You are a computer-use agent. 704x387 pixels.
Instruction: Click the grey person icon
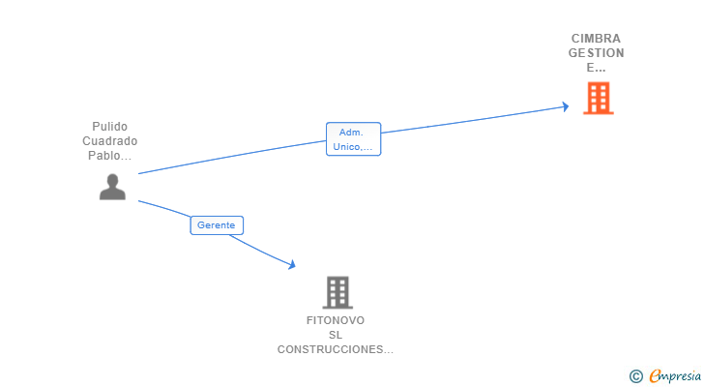point(112,187)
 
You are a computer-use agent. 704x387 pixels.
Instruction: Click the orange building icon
point(598,98)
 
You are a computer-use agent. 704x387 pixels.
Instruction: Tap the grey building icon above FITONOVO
point(337,292)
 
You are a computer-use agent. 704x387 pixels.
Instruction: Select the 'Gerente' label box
point(216,225)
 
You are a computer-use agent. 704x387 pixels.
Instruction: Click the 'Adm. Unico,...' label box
point(353,139)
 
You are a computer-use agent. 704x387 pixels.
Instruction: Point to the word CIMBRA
point(596,39)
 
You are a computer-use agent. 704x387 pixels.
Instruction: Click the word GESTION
point(596,53)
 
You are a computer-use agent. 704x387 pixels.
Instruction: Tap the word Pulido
point(109,127)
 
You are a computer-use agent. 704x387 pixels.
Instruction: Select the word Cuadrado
point(109,141)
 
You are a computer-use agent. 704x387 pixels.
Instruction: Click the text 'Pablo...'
point(109,156)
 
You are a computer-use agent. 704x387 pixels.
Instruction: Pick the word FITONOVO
point(336,320)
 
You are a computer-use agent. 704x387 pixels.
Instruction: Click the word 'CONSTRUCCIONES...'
point(336,349)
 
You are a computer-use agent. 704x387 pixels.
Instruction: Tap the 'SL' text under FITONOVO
point(336,335)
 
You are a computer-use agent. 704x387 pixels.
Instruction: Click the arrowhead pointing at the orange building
point(565,106)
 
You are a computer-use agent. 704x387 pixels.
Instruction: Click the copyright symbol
point(635,376)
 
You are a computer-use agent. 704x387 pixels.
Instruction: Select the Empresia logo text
point(674,376)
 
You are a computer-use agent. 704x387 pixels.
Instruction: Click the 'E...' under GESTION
point(596,68)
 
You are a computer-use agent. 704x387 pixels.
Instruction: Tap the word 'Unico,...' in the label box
point(353,147)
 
